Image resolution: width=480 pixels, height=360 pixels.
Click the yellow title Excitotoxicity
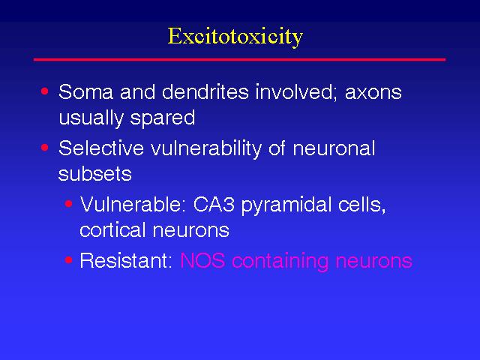[x=235, y=37]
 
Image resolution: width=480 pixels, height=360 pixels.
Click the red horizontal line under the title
[x=239, y=59]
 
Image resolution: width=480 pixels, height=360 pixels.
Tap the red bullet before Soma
[x=45, y=91]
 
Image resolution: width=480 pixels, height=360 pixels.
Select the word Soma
[x=85, y=91]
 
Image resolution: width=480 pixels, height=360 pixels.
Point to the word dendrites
[x=205, y=91]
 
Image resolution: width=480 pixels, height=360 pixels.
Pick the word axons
[x=373, y=93]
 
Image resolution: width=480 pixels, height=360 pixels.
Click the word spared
[x=163, y=118]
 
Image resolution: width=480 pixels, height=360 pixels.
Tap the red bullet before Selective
[x=45, y=148]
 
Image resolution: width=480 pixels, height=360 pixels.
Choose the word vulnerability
[x=206, y=148]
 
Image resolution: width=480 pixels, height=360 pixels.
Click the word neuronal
[x=334, y=148]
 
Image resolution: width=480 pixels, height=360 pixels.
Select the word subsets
[x=95, y=174]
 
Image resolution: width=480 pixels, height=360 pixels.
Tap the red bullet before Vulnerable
[x=69, y=203]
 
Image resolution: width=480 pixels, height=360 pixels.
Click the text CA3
[x=214, y=205]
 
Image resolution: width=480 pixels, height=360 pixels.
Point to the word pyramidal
[x=286, y=205]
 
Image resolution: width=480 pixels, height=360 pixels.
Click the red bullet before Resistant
[x=69, y=260]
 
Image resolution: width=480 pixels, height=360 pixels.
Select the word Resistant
[x=126, y=261]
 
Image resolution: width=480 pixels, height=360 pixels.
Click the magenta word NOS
[x=203, y=261]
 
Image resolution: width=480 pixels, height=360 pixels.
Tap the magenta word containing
[x=280, y=262]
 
